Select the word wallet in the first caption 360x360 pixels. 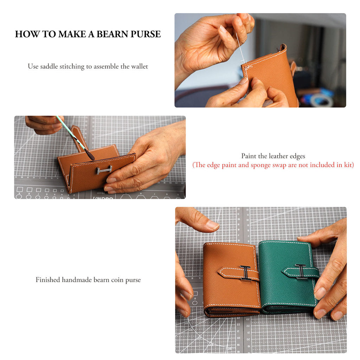click(x=140, y=66)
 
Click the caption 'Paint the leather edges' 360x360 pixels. click(x=273, y=156)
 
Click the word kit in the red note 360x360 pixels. click(x=349, y=165)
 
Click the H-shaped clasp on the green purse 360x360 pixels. click(x=301, y=271)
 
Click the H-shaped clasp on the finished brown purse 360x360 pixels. click(x=245, y=273)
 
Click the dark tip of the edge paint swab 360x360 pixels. click(x=89, y=154)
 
